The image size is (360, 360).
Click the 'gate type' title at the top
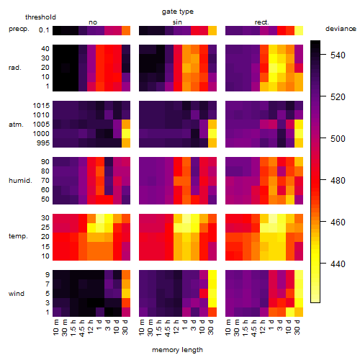(x=178, y=12)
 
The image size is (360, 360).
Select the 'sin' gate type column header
(x=177, y=22)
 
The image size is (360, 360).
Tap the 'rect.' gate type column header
(x=261, y=22)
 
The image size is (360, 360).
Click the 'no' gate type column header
(x=93, y=22)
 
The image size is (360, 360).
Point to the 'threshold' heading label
(x=40, y=17)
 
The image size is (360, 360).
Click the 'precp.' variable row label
(x=19, y=29)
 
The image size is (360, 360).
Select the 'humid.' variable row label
(x=20, y=181)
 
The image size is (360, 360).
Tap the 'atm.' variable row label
(x=16, y=125)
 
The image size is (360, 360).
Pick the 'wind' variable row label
(x=17, y=294)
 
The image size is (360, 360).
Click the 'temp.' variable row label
(x=18, y=236)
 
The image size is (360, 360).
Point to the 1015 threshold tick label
(x=41, y=106)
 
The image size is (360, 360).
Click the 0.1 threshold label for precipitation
(x=44, y=30)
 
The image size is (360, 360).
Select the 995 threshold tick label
(x=43, y=143)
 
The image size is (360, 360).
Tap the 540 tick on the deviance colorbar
(x=338, y=55)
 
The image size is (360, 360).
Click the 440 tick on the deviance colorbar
(x=338, y=264)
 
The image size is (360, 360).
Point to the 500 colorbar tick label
(x=338, y=139)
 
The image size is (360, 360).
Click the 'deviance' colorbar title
(x=341, y=29)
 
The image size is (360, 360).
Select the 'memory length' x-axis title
(x=178, y=350)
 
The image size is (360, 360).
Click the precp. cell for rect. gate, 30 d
(x=299, y=31)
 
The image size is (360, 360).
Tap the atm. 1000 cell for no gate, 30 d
(x=126, y=134)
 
